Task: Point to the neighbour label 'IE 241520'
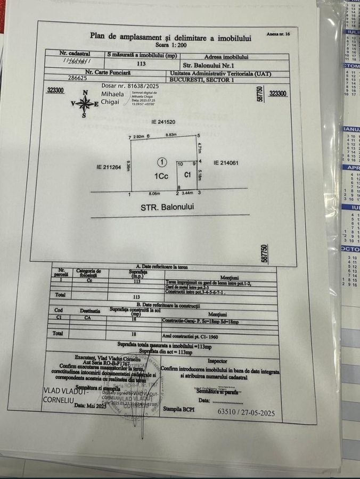tap(163, 121)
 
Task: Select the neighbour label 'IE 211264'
tap(109, 167)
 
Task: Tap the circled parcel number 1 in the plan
tap(160, 161)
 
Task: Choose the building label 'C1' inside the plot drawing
tap(187, 174)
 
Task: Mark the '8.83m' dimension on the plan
tap(171, 135)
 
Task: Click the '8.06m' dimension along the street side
tap(153, 195)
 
